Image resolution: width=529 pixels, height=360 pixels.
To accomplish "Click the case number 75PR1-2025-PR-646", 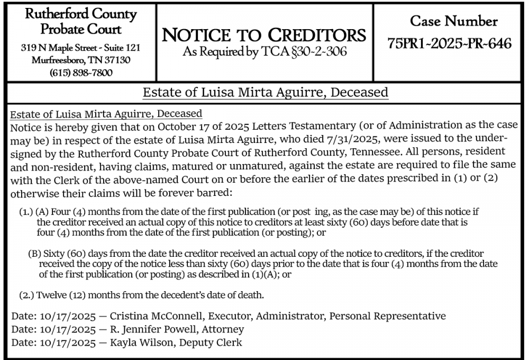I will point(449,43).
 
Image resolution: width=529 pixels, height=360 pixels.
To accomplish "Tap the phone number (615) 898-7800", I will point(81,73).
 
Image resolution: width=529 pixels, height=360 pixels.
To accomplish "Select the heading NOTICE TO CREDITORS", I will point(264,35).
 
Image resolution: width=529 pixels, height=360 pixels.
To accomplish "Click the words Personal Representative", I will point(387,316).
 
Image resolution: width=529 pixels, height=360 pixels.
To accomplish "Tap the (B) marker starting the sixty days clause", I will point(34,253).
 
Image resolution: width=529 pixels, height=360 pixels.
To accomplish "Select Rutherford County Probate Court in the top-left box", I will point(81,21).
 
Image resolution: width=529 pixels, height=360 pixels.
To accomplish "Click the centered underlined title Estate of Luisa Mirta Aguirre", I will point(265,93).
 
